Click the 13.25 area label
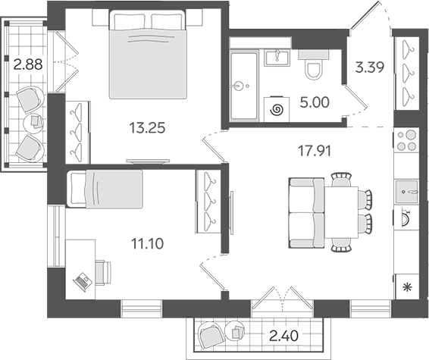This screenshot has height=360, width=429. click(147, 128)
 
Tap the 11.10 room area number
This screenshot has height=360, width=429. click(147, 243)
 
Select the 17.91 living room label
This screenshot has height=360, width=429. click(314, 151)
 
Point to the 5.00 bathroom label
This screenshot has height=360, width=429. click(315, 102)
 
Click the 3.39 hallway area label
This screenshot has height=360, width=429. click(370, 67)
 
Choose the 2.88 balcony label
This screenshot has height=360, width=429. click(28, 65)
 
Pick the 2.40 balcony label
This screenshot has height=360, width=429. click(283, 336)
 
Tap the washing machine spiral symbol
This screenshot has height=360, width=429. click(277, 111)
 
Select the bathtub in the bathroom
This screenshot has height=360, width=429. click(244, 86)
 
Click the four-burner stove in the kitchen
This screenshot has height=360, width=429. click(406, 140)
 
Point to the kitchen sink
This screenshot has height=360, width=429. click(406, 192)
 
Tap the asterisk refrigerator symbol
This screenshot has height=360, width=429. click(408, 287)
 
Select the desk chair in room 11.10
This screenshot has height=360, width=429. click(103, 273)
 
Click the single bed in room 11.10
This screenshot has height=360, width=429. click(105, 189)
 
